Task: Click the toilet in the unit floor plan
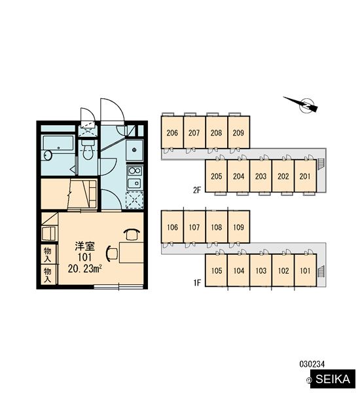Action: point(88,150)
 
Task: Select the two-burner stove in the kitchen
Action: point(135,171)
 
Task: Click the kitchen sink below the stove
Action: point(135,183)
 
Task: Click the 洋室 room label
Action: point(84,246)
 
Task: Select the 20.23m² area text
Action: point(84,269)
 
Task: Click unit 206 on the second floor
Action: point(172,132)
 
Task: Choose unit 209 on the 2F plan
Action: point(238,132)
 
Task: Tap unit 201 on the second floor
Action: point(305,176)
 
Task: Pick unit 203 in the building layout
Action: point(261,176)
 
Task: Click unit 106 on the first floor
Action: point(172,227)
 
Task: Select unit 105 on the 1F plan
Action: point(217,271)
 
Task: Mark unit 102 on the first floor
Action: point(283,271)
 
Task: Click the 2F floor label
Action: point(197,190)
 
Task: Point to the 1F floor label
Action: point(197,283)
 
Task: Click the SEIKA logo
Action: point(333,379)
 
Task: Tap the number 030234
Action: point(312,364)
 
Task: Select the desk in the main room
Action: point(132,252)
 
